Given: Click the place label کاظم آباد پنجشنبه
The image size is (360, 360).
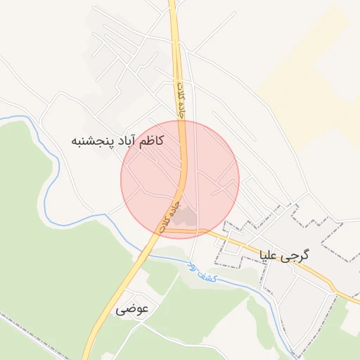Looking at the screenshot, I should [118, 141].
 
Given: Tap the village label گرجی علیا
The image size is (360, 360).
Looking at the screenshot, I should [284, 255].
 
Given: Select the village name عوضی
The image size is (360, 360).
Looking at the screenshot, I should [132, 309].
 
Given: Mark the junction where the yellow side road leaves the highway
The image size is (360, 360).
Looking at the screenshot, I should [162, 230].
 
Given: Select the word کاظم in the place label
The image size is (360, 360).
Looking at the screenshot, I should [151, 141].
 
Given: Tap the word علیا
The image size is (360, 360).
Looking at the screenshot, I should [271, 255].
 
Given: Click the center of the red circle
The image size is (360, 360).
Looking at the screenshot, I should [180, 179].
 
